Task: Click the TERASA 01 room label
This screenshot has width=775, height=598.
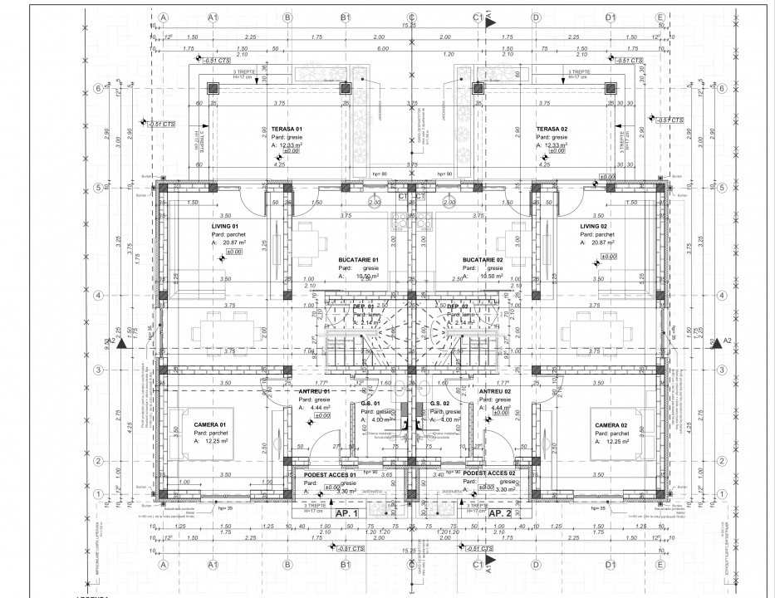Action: pyautogui.click(x=287, y=129)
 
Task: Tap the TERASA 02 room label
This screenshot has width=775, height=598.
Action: pyautogui.click(x=552, y=129)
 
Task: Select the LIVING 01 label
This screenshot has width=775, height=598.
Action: pyautogui.click(x=224, y=226)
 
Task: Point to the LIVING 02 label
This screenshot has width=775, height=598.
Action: pyautogui.click(x=594, y=226)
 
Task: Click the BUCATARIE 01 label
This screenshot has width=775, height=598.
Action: pyautogui.click(x=358, y=260)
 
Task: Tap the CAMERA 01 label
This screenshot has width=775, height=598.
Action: pyautogui.click(x=187, y=424)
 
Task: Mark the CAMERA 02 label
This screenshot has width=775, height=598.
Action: pyautogui.click(x=612, y=424)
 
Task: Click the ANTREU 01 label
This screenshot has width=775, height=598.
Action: pyautogui.click(x=313, y=391)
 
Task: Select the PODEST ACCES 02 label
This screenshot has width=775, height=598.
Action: pyautogui.click(x=490, y=473)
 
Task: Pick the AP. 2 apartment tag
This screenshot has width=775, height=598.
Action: pyautogui.click(x=499, y=513)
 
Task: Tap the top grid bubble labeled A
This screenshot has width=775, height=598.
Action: pyautogui.click(x=164, y=17)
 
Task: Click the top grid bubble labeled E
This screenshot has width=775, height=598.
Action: pyautogui.click(x=660, y=17)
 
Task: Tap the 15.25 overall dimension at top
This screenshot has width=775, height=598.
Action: pyautogui.click(x=409, y=26)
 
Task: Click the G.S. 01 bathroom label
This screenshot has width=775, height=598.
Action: pyautogui.click(x=370, y=404)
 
